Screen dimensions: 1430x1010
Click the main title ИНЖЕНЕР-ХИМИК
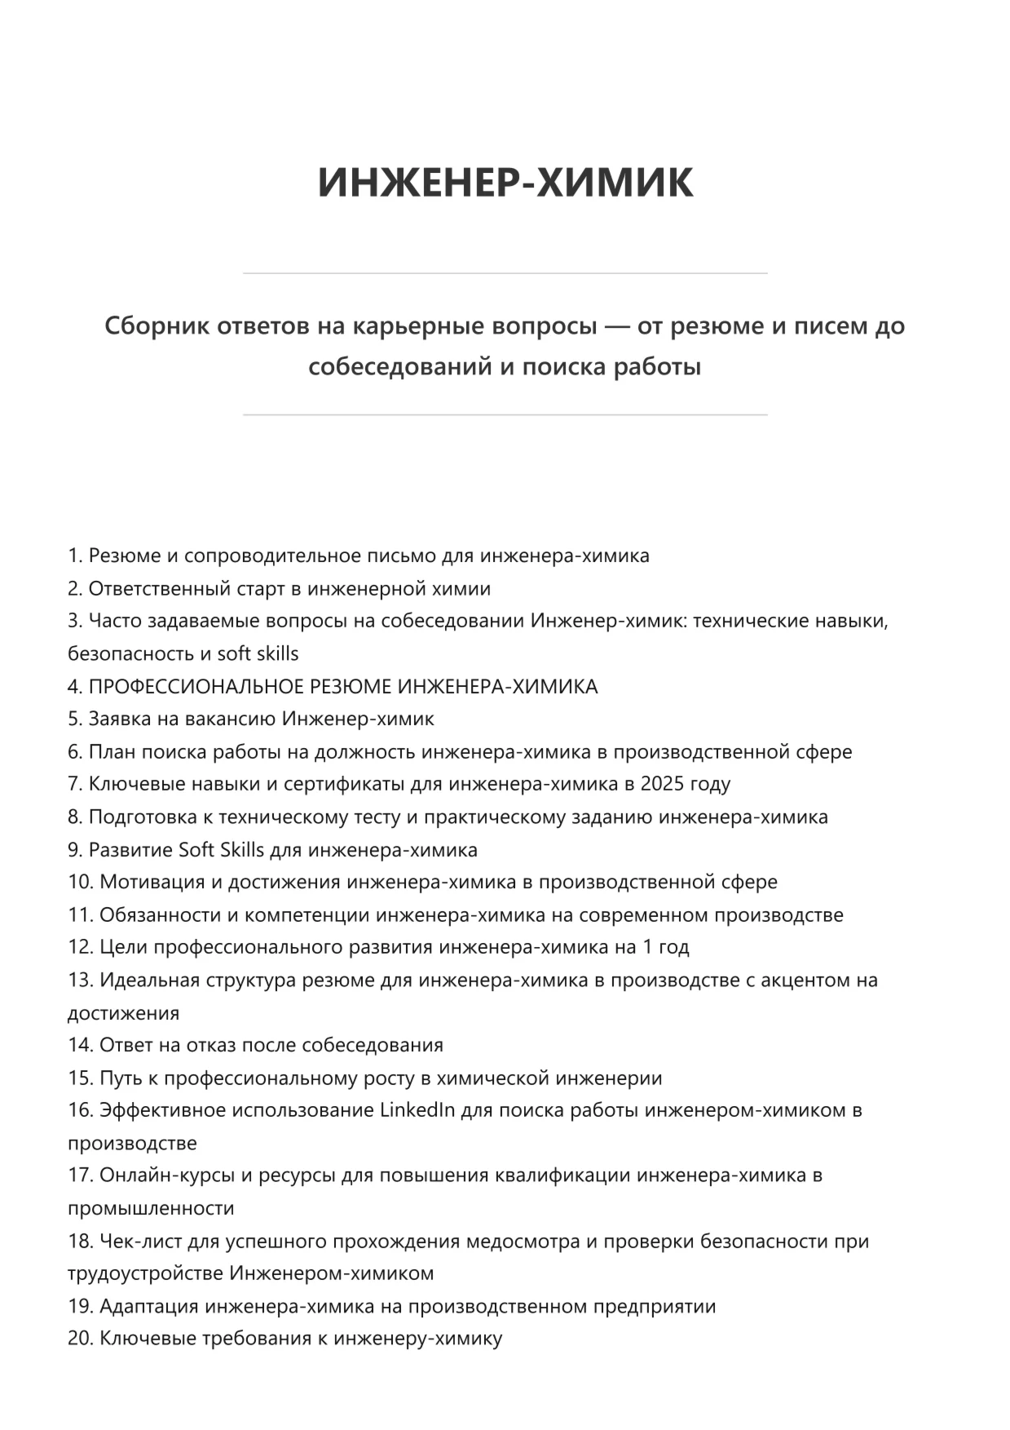coord(505,183)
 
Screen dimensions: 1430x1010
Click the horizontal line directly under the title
coord(505,273)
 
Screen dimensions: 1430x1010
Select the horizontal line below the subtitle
coord(505,415)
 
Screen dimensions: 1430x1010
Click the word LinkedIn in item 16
coord(417,1110)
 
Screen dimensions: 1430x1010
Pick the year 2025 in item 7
coord(663,784)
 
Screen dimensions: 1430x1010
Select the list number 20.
coord(80,1339)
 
